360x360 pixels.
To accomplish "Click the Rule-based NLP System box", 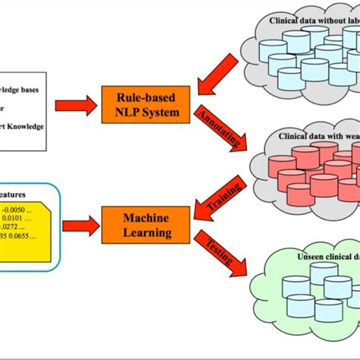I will pyautogui.click(x=145, y=104).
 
